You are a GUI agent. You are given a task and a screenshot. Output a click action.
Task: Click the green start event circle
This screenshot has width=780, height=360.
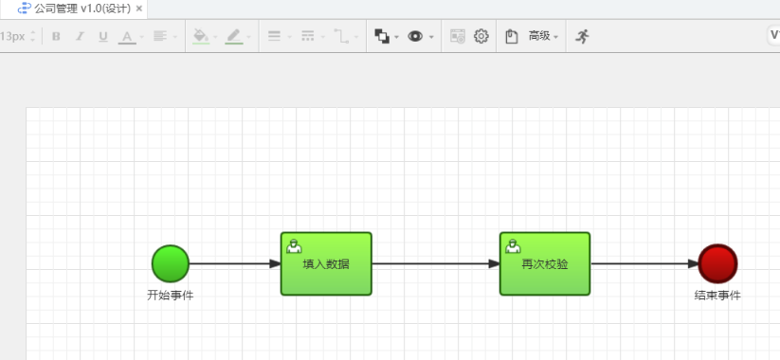171,263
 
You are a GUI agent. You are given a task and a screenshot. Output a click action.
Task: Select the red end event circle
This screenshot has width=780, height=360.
717,263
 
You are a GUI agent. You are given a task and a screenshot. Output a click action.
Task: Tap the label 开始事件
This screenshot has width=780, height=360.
171,296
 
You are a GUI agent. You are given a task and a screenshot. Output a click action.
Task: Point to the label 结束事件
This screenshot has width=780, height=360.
717,296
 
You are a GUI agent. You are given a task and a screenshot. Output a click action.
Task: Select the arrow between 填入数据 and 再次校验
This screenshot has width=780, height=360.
436,263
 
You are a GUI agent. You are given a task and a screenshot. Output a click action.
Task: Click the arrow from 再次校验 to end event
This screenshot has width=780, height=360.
644,263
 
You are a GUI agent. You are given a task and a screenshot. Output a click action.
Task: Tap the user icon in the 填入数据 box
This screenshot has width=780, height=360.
294,246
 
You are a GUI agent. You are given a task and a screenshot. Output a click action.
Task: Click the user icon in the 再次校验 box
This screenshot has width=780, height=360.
513,246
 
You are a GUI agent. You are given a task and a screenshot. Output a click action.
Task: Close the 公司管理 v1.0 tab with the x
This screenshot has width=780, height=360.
139,8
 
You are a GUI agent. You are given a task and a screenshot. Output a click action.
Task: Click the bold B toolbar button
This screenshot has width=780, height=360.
56,36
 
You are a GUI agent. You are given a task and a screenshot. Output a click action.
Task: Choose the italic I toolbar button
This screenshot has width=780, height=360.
80,36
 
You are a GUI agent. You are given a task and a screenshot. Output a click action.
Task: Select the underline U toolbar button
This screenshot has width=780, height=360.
103,36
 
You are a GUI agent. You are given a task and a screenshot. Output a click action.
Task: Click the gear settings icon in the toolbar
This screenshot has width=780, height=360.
481,36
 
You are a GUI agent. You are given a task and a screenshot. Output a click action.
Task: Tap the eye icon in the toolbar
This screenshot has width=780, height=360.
415,36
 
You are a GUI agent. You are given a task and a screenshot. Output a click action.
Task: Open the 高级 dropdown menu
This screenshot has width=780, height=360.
543,36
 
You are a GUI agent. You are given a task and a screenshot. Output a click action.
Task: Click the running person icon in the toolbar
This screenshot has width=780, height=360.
582,36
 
